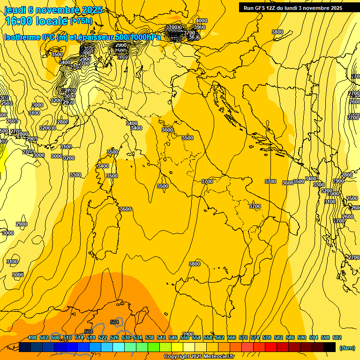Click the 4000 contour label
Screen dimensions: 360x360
click(x=202, y=21)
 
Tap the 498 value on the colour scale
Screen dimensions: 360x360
click(x=32, y=337)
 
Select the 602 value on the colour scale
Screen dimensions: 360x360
click(x=337, y=337)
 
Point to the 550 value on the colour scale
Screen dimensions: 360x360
click(x=185, y=337)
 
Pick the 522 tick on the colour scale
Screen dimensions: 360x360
click(x=103, y=337)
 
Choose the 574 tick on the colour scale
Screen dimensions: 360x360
click(x=255, y=337)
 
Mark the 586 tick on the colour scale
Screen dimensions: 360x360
click(x=290, y=337)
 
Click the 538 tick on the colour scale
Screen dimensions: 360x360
click(x=150, y=337)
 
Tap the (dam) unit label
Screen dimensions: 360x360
click(x=347, y=347)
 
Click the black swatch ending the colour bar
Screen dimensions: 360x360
click(x=330, y=347)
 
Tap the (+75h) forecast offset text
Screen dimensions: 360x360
click(x=81, y=21)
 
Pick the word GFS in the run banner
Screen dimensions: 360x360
click(x=259, y=8)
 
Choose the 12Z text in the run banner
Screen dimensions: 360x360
click(x=271, y=8)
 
